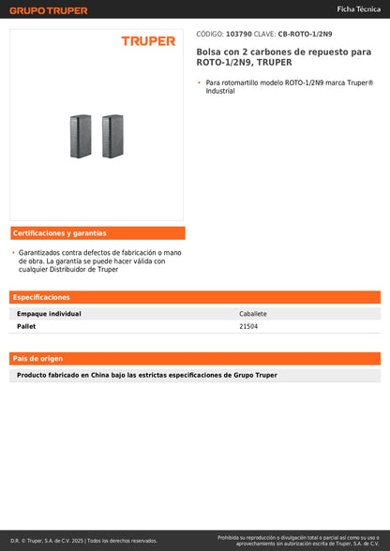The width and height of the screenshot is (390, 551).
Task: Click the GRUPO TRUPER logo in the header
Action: point(49,10)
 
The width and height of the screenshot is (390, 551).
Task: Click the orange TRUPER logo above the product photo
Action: point(147,41)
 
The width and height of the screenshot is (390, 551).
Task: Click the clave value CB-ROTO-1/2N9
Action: point(305,33)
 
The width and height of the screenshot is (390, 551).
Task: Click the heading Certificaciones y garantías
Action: point(60,232)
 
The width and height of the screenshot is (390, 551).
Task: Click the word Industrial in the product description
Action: point(220,91)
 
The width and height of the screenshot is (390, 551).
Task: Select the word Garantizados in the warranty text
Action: point(40,253)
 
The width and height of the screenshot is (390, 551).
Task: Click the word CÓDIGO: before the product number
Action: point(209,33)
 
